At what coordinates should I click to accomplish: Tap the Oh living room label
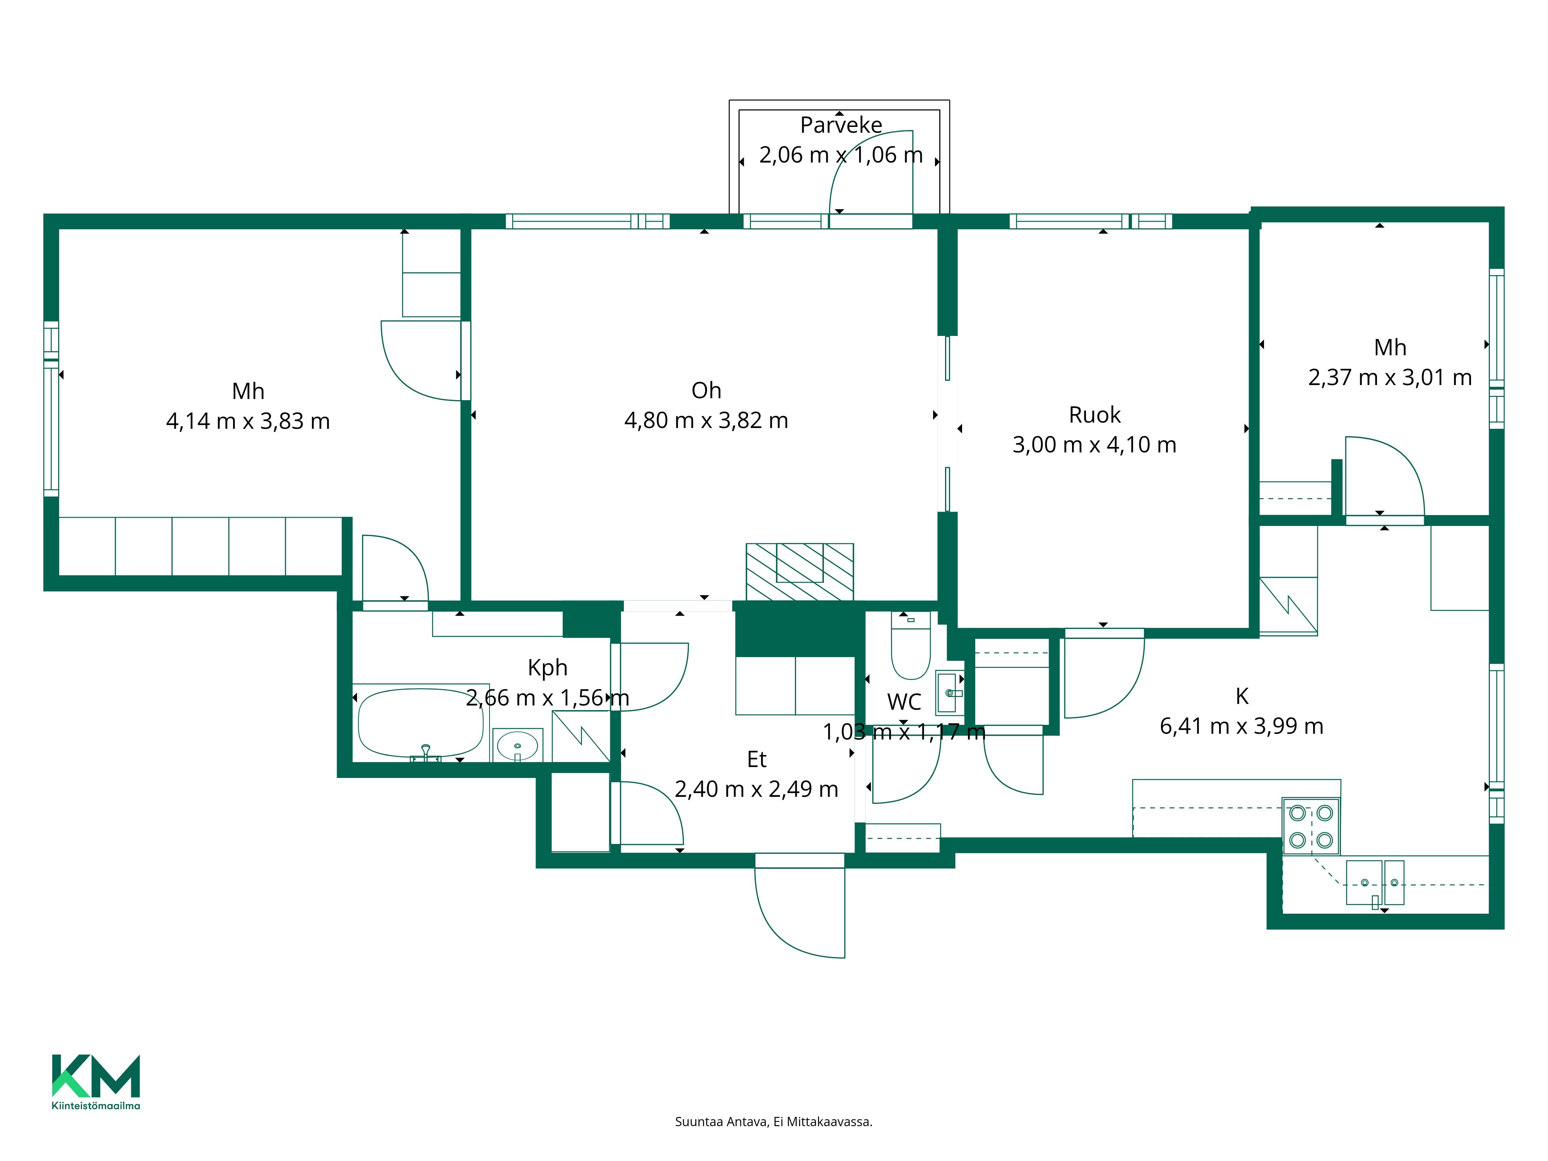[x=706, y=390]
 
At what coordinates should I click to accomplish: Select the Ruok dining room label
[x=1094, y=415]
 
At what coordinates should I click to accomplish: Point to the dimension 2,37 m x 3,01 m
[x=1390, y=378]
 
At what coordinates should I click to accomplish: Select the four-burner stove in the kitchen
[x=1311, y=827]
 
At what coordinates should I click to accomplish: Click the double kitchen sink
[x=1375, y=883]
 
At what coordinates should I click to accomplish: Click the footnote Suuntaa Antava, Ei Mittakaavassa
[x=773, y=1122]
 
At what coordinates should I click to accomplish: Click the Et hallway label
[x=757, y=759]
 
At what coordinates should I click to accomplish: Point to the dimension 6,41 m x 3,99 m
[x=1241, y=726]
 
